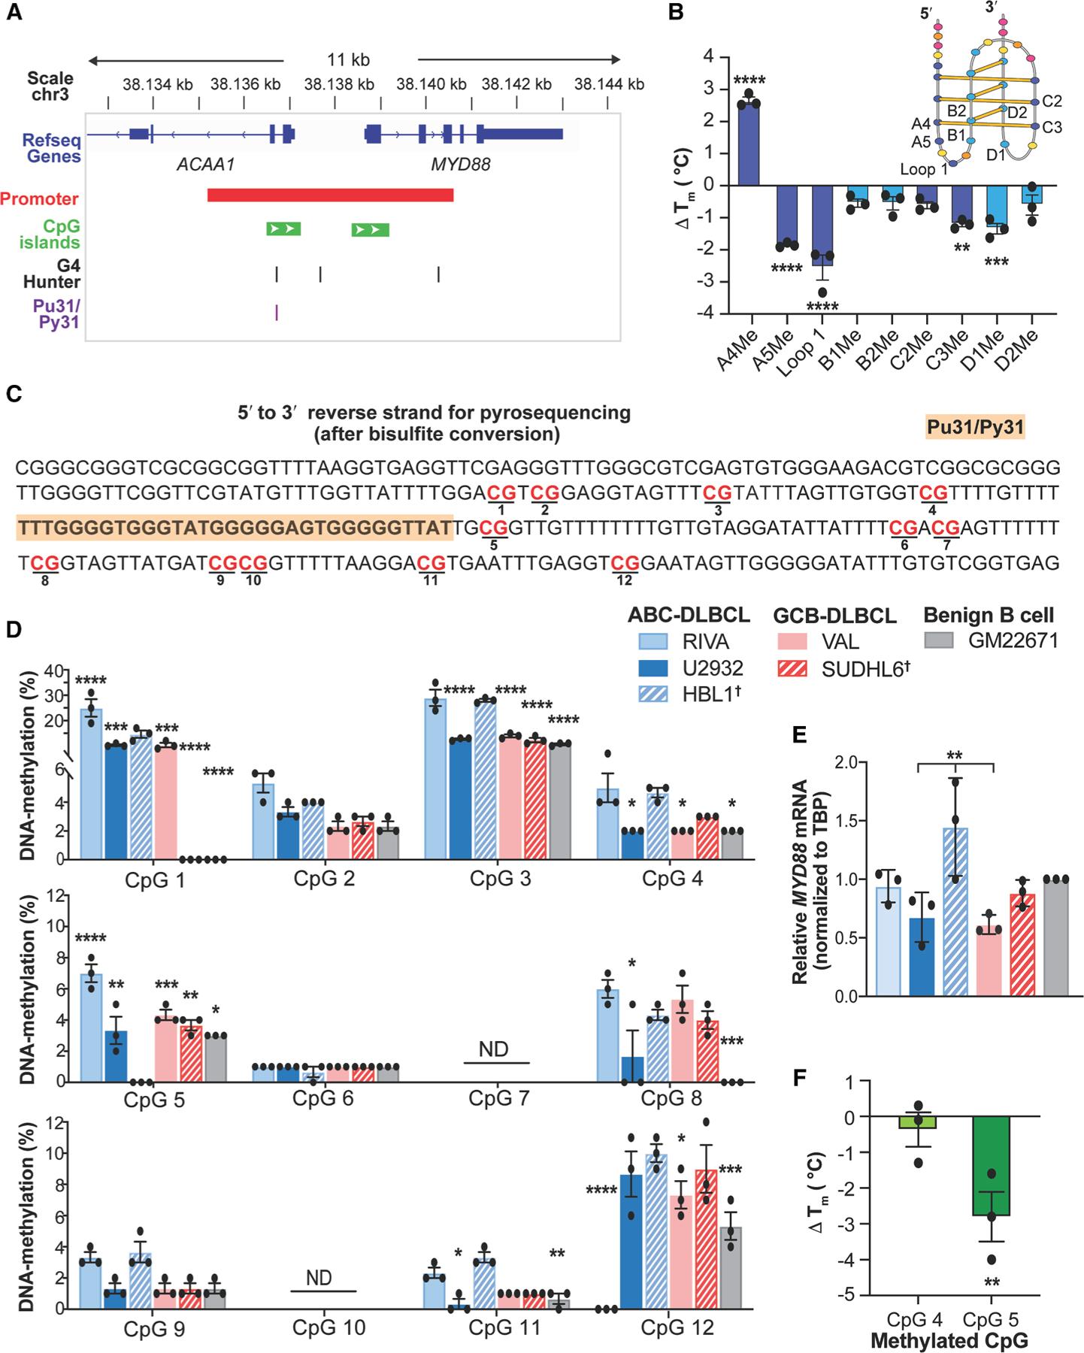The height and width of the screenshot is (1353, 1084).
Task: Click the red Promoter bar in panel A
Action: pyautogui.click(x=330, y=195)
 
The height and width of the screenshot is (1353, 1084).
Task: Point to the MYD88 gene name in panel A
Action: pyautogui.click(x=460, y=164)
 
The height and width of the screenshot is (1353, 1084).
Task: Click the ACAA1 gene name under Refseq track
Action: pyautogui.click(x=206, y=164)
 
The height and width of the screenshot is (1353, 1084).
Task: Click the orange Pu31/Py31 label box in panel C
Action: pyautogui.click(x=975, y=428)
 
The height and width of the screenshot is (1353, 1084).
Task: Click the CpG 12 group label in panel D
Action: pyautogui.click(x=677, y=1327)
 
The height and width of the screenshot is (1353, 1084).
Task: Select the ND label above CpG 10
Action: pyautogui.click(x=319, y=1278)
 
